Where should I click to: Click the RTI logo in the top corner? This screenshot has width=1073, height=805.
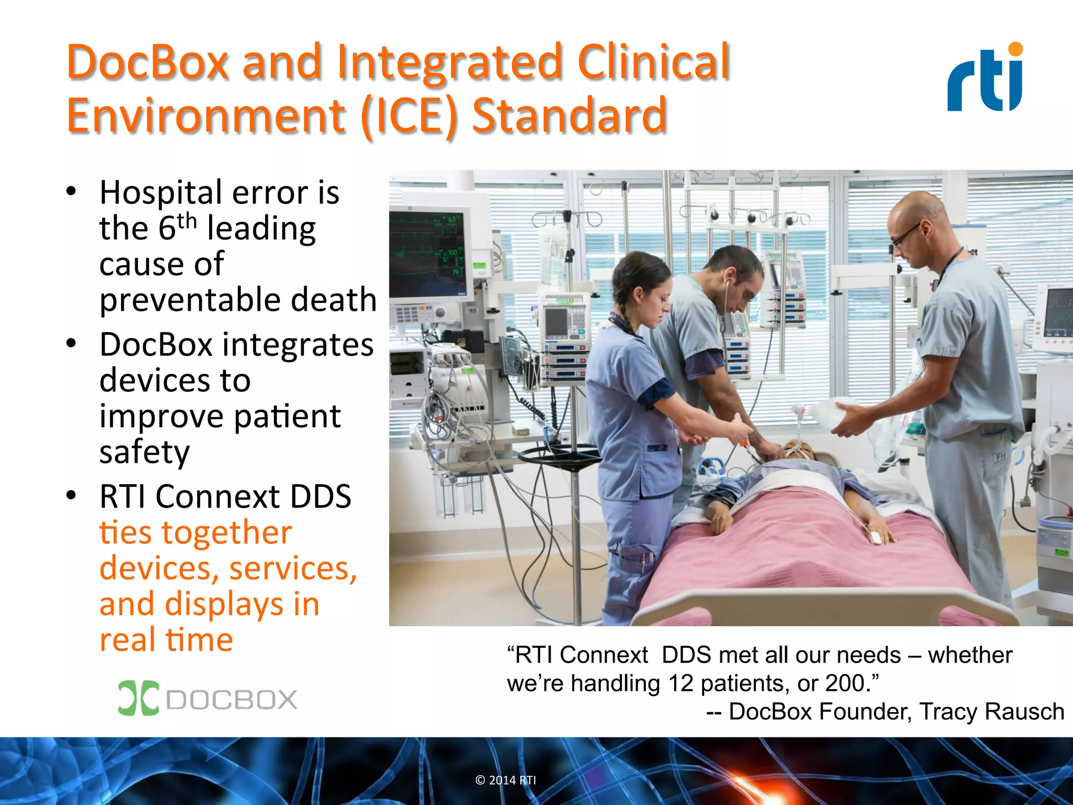click(x=985, y=79)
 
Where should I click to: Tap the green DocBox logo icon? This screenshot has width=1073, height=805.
click(x=138, y=698)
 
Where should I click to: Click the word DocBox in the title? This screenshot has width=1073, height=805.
click(x=148, y=63)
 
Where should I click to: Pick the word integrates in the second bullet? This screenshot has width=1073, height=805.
click(x=298, y=345)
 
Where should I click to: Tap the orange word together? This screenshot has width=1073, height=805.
click(x=226, y=533)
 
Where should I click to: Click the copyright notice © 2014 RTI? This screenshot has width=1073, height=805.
click(x=506, y=780)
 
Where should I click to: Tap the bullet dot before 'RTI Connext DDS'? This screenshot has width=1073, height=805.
click(x=71, y=495)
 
